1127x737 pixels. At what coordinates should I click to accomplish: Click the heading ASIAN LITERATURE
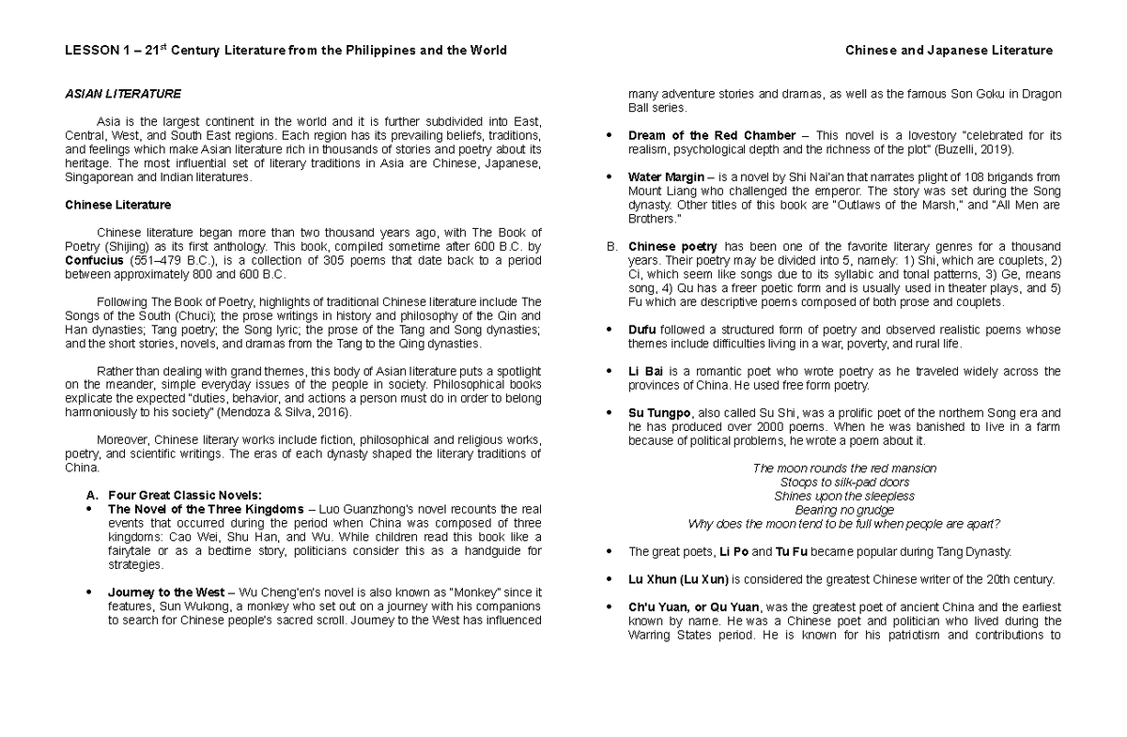(x=122, y=95)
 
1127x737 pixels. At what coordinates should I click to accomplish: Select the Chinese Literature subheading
(x=117, y=204)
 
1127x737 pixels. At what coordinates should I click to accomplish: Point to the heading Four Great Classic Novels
(x=186, y=495)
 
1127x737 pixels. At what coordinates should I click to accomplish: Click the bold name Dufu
(x=643, y=330)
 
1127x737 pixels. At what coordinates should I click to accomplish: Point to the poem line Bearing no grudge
(x=843, y=510)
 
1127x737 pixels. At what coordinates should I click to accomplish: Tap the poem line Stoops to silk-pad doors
(x=843, y=482)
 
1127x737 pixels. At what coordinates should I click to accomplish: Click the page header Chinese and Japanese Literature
(x=949, y=51)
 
